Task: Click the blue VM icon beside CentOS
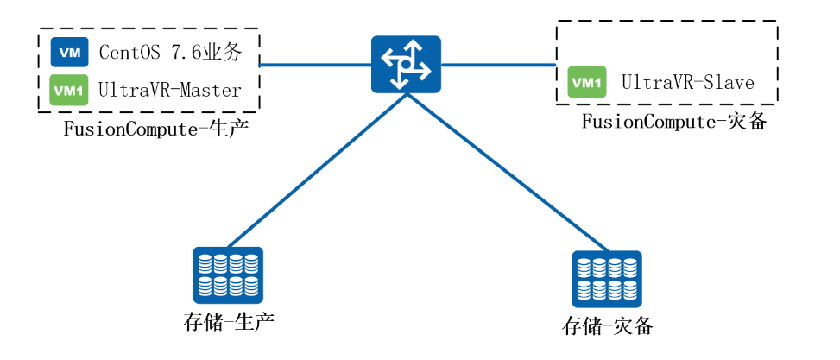pyautogui.click(x=70, y=53)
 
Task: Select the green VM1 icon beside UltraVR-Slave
pyautogui.click(x=587, y=82)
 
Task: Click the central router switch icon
pyautogui.click(x=405, y=65)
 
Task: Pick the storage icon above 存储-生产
pyautogui.click(x=228, y=273)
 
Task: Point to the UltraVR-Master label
pyautogui.click(x=170, y=90)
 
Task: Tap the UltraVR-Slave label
pyautogui.click(x=688, y=83)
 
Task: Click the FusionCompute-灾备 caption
pyautogui.click(x=674, y=122)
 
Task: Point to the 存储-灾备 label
pyautogui.click(x=607, y=326)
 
